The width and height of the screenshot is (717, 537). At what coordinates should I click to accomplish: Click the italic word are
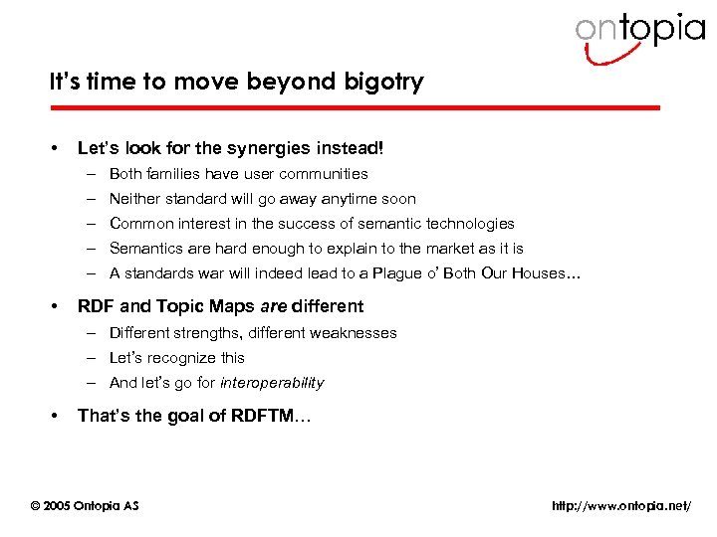(x=274, y=306)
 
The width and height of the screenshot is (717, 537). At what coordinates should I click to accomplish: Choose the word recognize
(x=183, y=358)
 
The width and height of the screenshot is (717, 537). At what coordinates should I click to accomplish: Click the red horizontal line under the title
(x=355, y=107)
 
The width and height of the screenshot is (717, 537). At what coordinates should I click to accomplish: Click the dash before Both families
(x=90, y=174)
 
